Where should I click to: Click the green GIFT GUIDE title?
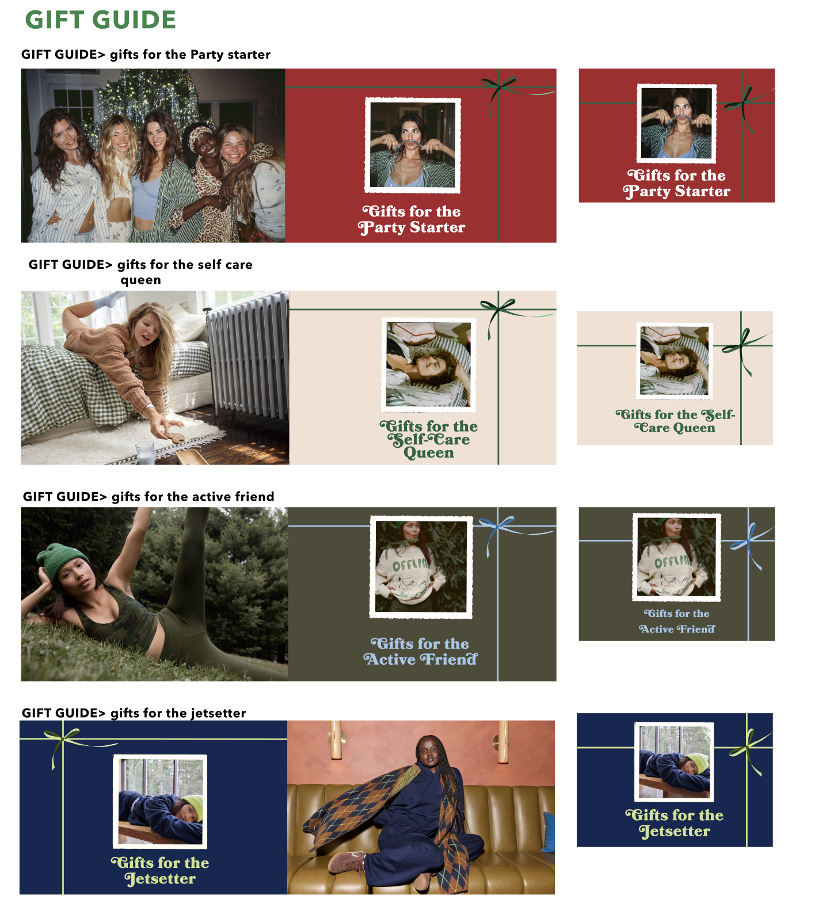(x=101, y=20)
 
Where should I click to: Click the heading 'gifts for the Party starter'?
(x=190, y=55)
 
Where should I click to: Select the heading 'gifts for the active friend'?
(x=193, y=497)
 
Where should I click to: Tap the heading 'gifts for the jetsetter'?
(x=178, y=713)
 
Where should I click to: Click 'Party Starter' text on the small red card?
(x=677, y=192)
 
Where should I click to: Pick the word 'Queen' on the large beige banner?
(x=429, y=453)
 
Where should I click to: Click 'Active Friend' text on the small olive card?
(x=677, y=629)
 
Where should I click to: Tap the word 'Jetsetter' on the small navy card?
(x=675, y=831)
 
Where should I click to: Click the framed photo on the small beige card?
(x=675, y=361)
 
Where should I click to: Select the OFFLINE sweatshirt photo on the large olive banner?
(x=421, y=567)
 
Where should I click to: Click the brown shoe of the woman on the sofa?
(x=347, y=862)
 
